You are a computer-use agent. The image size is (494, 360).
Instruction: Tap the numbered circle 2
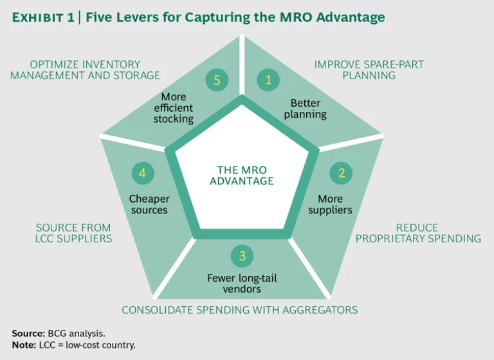342,173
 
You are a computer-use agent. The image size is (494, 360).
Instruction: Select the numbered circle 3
242,256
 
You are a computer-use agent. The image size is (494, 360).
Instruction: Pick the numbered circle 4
142,173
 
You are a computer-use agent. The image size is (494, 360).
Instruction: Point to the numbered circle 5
217,80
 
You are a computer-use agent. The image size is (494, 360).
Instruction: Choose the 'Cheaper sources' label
148,204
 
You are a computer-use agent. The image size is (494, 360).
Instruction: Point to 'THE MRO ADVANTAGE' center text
241,175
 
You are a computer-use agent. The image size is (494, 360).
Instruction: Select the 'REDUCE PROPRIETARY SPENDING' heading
419,233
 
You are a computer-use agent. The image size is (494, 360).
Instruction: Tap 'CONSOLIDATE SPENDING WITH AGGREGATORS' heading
240,310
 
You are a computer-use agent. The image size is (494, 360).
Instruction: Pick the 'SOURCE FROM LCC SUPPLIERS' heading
73,233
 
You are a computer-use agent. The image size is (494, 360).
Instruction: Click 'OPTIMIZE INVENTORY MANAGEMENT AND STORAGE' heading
94,69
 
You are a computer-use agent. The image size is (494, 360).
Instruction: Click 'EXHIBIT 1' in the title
42,17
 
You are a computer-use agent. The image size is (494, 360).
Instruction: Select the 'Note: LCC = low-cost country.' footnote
74,345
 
